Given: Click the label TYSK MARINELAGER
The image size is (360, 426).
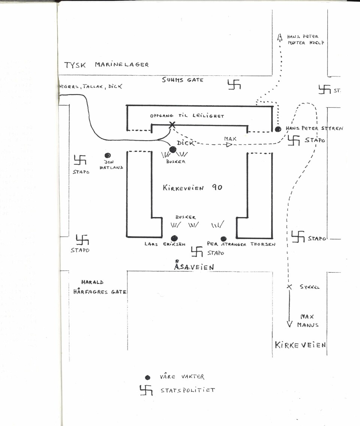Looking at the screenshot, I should (x=107, y=64).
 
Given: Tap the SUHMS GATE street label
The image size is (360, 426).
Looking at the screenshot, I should (x=183, y=80).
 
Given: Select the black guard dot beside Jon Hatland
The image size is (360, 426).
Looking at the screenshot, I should (x=108, y=155).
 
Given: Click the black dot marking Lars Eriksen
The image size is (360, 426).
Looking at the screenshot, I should (x=174, y=238).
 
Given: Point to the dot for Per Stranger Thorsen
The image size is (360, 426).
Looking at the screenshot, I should (x=224, y=239).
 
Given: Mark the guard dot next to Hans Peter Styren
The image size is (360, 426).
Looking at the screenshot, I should (x=278, y=129).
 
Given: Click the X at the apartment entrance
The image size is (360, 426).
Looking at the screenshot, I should (x=172, y=125).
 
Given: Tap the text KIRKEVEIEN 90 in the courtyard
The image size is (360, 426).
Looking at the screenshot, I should (x=192, y=187).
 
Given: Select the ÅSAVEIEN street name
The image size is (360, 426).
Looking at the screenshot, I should (x=194, y=267).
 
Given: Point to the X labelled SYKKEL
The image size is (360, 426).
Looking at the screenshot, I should (x=289, y=287).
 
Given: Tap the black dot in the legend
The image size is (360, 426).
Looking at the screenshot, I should (x=147, y=378).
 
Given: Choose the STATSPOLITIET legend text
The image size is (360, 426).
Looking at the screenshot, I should (x=187, y=390).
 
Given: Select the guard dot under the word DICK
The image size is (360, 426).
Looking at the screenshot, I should (x=172, y=150).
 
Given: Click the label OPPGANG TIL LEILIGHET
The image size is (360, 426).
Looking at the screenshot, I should (x=187, y=116).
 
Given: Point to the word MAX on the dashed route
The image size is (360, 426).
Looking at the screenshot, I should (x=230, y=139).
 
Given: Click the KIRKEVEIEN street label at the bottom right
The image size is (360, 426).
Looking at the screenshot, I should (x=300, y=345).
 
